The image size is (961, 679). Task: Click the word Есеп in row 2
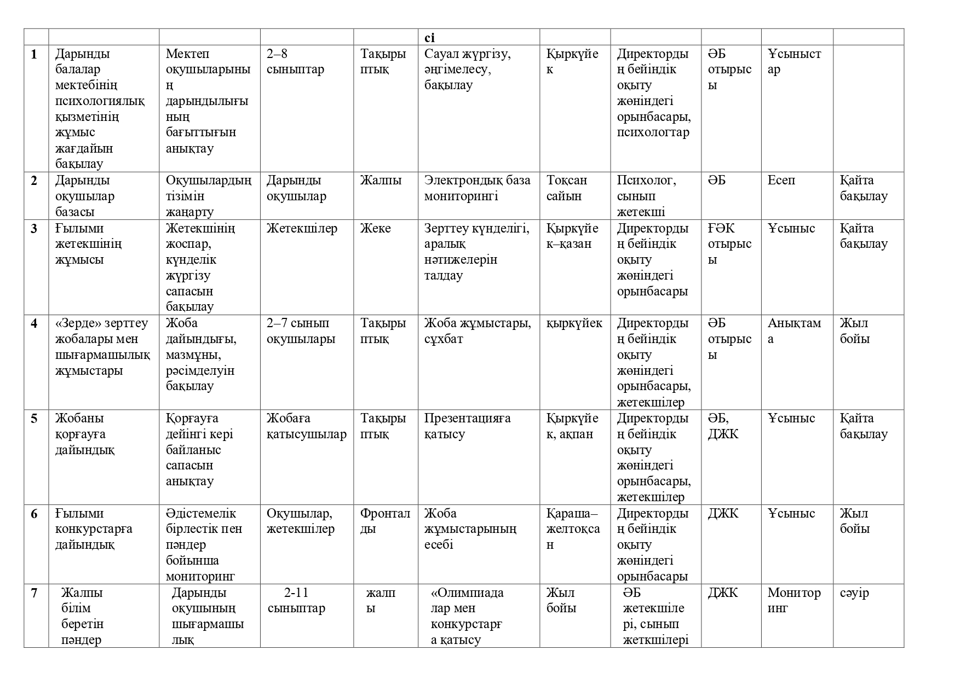(781, 181)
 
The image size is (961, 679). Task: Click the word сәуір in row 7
(854, 593)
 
